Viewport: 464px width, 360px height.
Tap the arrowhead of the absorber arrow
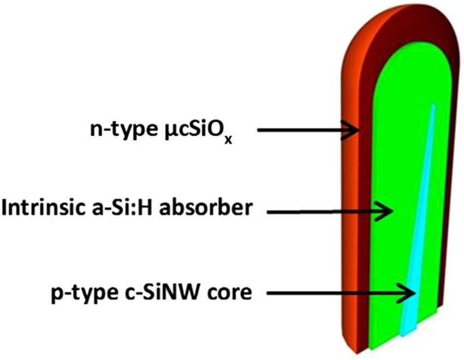click(385, 211)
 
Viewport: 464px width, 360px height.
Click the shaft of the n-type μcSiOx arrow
click(300, 130)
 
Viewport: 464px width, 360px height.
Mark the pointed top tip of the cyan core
click(433, 105)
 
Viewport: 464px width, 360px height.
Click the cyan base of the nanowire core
click(409, 328)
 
